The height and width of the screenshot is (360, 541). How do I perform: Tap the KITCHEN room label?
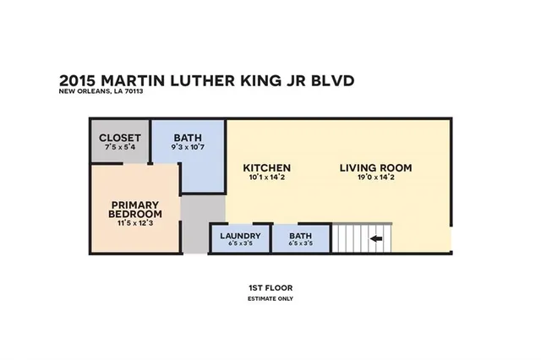(x=267, y=168)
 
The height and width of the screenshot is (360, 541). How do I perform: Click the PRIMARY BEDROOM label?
(x=135, y=209)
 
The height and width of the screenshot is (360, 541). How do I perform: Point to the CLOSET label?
(x=119, y=139)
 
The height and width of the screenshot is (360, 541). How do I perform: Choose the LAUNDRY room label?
(x=239, y=236)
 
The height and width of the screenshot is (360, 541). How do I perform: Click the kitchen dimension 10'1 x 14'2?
(x=267, y=178)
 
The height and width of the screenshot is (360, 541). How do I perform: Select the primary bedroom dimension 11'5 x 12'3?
(x=135, y=224)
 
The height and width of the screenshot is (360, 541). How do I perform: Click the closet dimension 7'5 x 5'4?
(x=119, y=149)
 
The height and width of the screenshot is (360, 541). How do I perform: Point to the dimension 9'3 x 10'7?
(x=188, y=149)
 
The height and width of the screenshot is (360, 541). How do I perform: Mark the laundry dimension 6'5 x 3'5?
(x=239, y=244)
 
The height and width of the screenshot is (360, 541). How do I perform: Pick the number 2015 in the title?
(x=80, y=80)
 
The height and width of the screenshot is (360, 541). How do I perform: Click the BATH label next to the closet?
(x=188, y=139)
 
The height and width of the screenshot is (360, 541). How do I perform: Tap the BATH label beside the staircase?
(x=301, y=236)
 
